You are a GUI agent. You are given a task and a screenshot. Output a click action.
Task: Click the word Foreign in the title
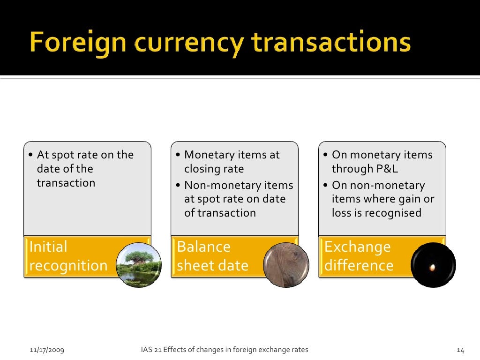(x=78, y=43)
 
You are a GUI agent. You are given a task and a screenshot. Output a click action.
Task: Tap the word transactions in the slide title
(x=331, y=43)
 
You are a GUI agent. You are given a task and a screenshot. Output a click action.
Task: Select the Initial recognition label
(x=68, y=256)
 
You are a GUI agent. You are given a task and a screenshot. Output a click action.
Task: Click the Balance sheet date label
(x=213, y=256)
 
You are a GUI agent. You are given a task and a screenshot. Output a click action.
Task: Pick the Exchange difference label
(x=359, y=256)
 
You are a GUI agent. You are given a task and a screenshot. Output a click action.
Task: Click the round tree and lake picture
(x=138, y=265)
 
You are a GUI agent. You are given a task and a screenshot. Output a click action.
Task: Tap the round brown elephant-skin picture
(x=285, y=265)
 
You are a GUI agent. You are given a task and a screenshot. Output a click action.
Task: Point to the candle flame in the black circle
(x=433, y=267)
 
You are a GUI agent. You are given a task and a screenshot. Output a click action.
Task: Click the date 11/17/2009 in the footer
(x=47, y=350)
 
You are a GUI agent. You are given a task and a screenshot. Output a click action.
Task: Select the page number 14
(x=460, y=350)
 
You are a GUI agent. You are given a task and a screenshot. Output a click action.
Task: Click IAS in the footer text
(x=146, y=350)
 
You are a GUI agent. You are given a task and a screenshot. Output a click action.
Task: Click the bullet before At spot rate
(x=30, y=155)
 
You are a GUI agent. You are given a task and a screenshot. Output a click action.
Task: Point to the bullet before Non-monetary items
(x=178, y=186)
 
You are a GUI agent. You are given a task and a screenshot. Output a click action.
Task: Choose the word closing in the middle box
(x=202, y=169)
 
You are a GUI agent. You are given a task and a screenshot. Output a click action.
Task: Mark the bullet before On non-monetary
(x=326, y=186)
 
